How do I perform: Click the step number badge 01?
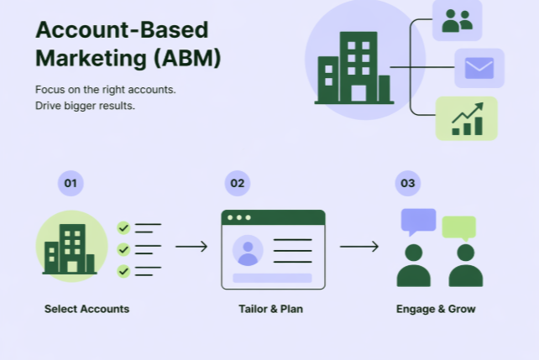pos(71,183)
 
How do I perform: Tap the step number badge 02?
pos(238,183)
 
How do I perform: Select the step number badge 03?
pos(407,183)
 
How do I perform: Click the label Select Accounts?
pos(86,309)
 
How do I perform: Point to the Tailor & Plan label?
pos(270,309)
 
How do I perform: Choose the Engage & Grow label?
pos(436,309)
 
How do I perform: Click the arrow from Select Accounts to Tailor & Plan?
pos(191,247)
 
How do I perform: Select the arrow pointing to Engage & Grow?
pos(359,247)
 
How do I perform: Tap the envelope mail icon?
pos(479,68)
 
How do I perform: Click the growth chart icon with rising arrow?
pos(467,118)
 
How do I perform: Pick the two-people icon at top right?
pos(457,20)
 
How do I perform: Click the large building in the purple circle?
pos(353,70)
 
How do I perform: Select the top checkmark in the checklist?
pos(124,227)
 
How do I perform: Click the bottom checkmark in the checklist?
pos(124,271)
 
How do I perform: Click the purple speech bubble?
pos(418,221)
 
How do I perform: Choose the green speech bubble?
pos(459,227)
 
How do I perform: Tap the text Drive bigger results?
pos(85,106)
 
